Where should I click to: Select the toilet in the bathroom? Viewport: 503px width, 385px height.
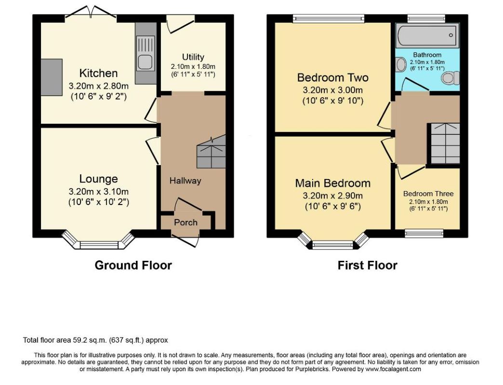pyautogui.click(x=450, y=78)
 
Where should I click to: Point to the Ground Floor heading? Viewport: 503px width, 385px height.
pyautogui.click(x=133, y=265)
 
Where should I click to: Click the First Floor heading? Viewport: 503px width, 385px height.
pyautogui.click(x=367, y=265)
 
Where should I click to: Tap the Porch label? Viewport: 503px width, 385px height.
pyautogui.click(x=186, y=222)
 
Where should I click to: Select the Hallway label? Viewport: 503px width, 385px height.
pyautogui.click(x=185, y=181)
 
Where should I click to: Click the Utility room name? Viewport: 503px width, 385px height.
pyautogui.click(x=193, y=57)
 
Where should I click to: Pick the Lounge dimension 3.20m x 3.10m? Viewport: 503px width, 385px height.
pyautogui.click(x=99, y=192)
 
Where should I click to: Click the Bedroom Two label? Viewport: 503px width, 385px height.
pyautogui.click(x=332, y=77)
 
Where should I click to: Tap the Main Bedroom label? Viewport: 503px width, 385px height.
pyautogui.click(x=332, y=183)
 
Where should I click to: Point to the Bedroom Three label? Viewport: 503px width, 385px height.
pyautogui.click(x=428, y=194)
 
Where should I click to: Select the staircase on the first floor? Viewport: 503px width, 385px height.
pyautogui.click(x=445, y=143)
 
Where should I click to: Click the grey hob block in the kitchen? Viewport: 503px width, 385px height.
pyautogui.click(x=52, y=77)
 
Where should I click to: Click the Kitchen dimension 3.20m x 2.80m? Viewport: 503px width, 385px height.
pyautogui.click(x=99, y=86)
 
